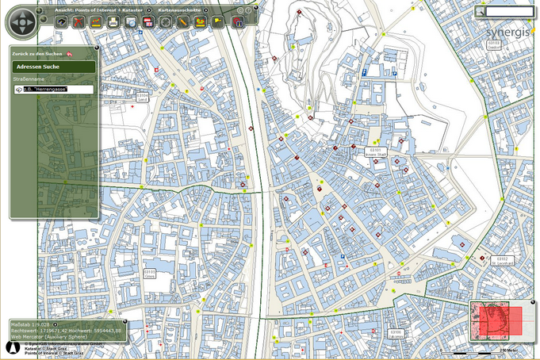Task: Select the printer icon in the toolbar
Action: (x=113, y=22)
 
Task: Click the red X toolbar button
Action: (x=79, y=22)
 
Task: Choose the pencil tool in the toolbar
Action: (x=183, y=22)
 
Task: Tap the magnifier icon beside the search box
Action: (x=481, y=12)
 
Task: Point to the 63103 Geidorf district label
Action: (x=494, y=44)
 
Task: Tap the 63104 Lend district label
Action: (x=143, y=98)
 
